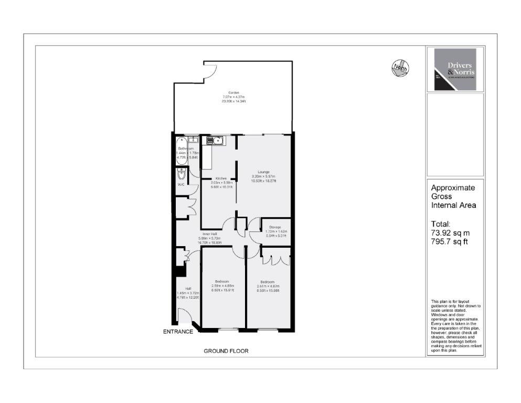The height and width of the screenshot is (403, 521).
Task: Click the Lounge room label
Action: pos(263,172)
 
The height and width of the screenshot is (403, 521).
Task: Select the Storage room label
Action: pos(275,227)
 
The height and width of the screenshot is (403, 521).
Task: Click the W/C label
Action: pos(180,185)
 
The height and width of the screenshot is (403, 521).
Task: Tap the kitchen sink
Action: pos(215,140)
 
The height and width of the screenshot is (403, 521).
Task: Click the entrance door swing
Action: pos(184,316)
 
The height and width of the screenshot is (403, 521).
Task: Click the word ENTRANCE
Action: pos(178,332)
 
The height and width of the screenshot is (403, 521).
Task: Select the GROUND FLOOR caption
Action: pos(226,351)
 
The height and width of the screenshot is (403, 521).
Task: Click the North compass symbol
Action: pos(399,67)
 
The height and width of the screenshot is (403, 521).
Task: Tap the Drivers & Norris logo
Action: pos(454,70)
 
